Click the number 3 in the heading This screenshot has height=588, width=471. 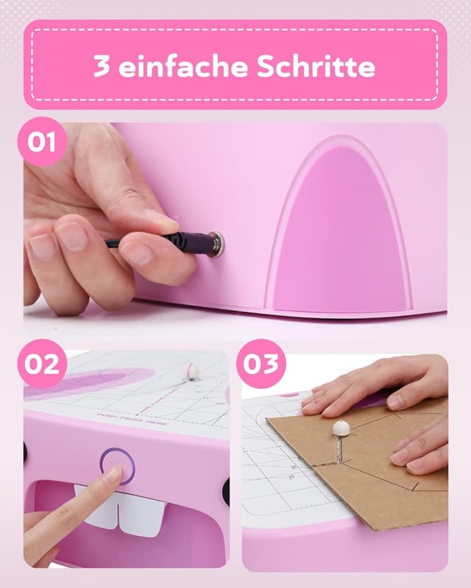pyautogui.click(x=102, y=66)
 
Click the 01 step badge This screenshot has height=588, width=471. pyautogui.click(x=42, y=141)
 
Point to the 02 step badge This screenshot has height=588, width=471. pyautogui.click(x=42, y=364)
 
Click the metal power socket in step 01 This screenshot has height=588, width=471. pyautogui.click(x=216, y=244)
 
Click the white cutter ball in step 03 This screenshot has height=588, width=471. pyautogui.click(x=341, y=429)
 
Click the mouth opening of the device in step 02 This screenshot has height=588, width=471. pyautogui.click(x=66, y=514)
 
